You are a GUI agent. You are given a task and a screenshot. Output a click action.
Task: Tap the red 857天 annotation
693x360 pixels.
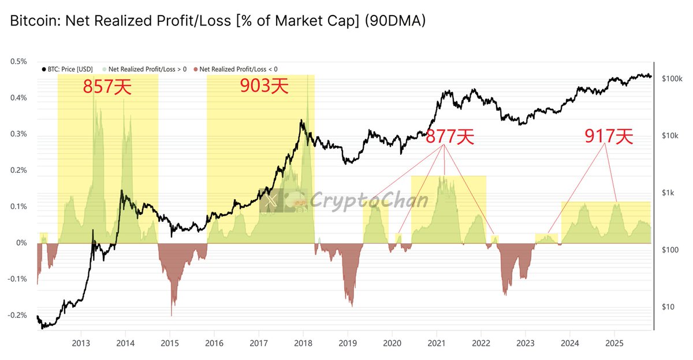tap(107, 87)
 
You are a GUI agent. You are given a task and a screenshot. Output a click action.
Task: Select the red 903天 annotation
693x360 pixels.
tap(264, 87)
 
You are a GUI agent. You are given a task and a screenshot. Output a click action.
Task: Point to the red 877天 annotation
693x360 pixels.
tap(450, 136)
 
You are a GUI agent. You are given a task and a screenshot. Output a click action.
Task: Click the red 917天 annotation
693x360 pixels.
tap(609, 136)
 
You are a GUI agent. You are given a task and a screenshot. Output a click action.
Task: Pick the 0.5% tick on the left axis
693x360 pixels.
tap(18, 61)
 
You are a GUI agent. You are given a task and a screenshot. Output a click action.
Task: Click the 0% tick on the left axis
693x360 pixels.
tap(22, 243)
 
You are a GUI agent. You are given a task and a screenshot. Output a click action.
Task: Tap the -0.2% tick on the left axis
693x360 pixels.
tap(17, 316)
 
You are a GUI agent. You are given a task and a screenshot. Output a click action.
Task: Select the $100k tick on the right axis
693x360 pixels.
tap(672, 78)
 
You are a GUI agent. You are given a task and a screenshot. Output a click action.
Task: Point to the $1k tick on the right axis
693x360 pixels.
tap(668, 192)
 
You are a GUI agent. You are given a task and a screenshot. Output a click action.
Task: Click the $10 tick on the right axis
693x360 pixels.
tap(668, 306)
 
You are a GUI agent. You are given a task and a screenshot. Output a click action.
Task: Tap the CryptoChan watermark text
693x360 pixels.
tap(370, 201)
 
